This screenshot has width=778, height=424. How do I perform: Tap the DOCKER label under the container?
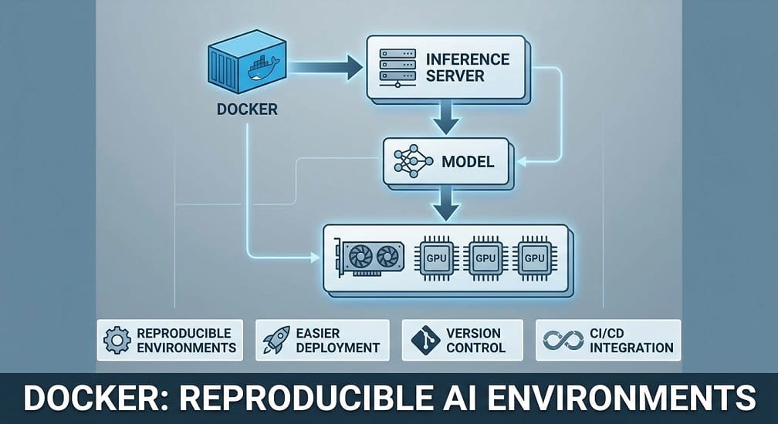point(247,109)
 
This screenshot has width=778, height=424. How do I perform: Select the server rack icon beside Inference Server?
point(397,69)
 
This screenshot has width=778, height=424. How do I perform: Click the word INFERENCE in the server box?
point(468,59)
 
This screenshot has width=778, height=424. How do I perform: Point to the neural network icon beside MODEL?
point(413,161)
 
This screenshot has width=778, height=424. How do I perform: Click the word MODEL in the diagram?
point(468,162)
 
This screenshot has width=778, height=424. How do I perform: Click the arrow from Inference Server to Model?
point(446,117)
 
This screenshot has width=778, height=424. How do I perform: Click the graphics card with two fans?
point(369,258)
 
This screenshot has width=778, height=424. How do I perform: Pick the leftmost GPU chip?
point(437,258)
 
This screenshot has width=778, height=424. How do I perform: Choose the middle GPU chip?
point(485,258)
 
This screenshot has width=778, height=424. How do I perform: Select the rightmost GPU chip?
point(534,258)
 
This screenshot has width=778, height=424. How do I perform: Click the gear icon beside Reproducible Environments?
point(117,340)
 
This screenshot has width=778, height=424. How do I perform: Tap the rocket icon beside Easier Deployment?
point(276,340)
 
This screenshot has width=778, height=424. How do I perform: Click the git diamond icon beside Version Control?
point(426,340)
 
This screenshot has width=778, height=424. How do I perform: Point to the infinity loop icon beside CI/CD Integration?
point(563,340)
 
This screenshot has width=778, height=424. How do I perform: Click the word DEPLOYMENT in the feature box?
point(338,348)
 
